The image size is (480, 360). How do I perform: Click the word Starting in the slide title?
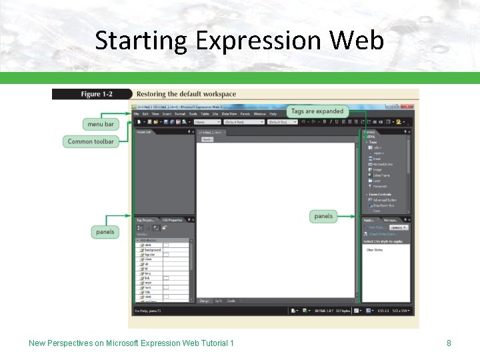click(141, 41)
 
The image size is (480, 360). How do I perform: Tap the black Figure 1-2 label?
click(92, 95)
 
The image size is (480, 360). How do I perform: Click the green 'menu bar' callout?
click(101, 124)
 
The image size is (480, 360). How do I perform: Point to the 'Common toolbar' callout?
click(91, 141)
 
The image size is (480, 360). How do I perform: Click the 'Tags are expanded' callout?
click(317, 111)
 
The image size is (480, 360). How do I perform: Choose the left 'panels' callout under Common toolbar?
click(105, 232)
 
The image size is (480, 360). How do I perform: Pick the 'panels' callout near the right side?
click(323, 216)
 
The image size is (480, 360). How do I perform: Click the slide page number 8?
click(449, 343)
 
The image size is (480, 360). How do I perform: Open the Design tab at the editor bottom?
click(204, 301)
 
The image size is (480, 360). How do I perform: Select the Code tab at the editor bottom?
click(231, 301)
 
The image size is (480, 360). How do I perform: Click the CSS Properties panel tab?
click(171, 220)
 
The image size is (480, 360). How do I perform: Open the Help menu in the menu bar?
click(273, 114)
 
